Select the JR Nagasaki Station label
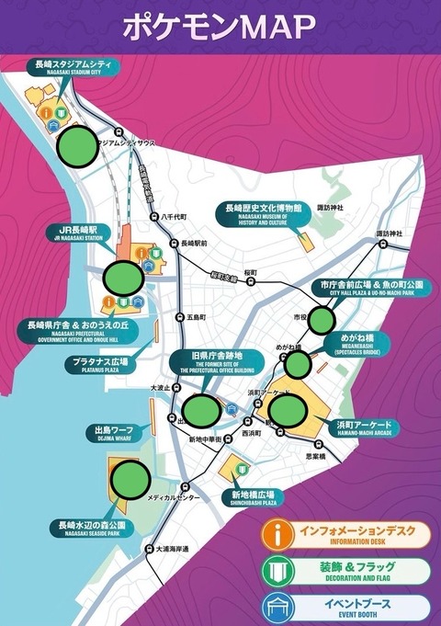pos(84,233)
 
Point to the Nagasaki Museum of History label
pos(263,215)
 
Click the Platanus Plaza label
pos(101,365)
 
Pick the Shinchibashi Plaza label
pos(254,497)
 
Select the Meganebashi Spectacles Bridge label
pos(361,342)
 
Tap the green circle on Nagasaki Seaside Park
pos(131,479)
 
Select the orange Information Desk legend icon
pos(276,534)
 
